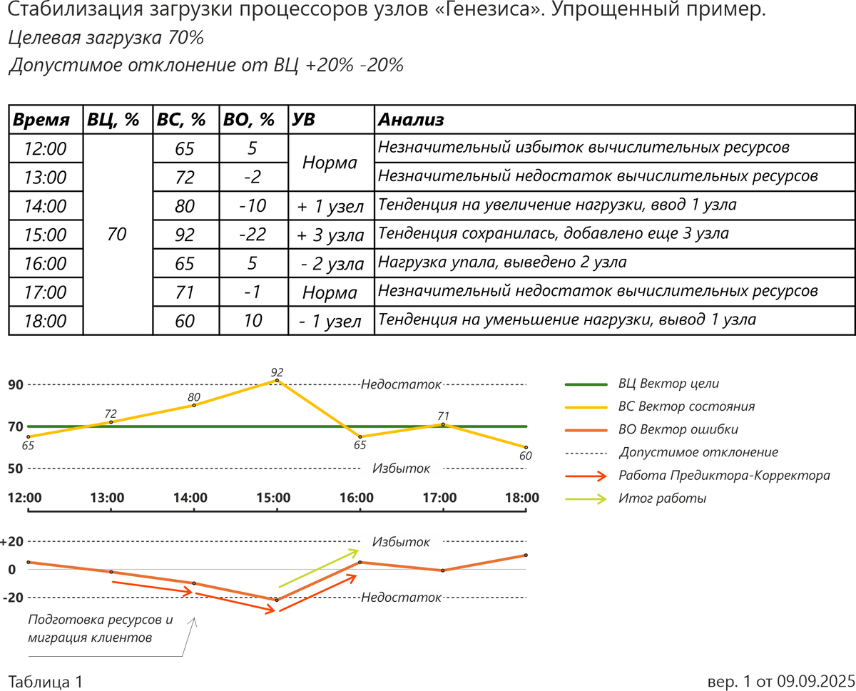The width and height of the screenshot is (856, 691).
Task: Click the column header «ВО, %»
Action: pos(249,120)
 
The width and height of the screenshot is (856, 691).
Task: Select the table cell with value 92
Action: pos(185,235)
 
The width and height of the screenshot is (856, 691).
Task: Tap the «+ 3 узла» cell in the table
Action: pos(331,235)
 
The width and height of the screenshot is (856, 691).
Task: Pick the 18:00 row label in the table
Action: pos(45,321)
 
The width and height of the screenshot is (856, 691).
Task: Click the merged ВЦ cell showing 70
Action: pos(117,235)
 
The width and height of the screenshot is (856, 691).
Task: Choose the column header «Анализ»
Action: pos(411,120)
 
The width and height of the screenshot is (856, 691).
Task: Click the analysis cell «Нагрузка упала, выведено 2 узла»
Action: pos(502,263)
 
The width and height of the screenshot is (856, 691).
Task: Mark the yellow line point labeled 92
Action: pos(277,381)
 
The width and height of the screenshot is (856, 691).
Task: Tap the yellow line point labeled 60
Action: pos(526,447)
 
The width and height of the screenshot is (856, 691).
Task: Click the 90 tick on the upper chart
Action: pos(16,385)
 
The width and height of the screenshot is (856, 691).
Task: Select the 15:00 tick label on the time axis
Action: pos(274,497)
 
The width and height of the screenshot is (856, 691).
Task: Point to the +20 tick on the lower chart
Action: pos(12,541)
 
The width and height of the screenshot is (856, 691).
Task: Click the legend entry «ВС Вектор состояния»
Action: pos(686,406)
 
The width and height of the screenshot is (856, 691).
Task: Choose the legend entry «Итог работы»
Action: pos(662,498)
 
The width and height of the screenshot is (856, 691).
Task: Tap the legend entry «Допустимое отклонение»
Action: pos(698,452)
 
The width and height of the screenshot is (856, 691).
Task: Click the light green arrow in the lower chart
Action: pos(318,568)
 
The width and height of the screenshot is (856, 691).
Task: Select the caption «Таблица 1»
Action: pos(46,681)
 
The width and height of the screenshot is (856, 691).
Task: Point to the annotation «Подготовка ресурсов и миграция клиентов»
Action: pos(100,628)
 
